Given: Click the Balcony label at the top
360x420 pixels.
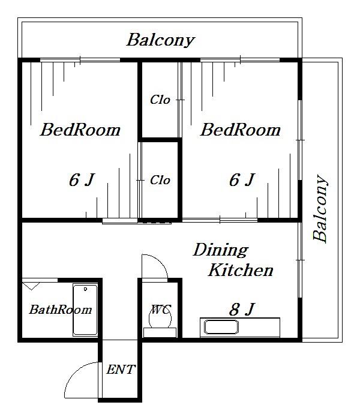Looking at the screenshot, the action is (160, 40).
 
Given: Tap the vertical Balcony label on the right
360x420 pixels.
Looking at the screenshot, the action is (320, 209).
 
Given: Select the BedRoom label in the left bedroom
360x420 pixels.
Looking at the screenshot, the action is (80, 130).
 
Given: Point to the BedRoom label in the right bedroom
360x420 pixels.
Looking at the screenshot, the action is (240, 130).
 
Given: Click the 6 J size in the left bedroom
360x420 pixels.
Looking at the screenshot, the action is (82, 180).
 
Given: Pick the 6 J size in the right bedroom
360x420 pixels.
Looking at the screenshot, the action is (242, 180).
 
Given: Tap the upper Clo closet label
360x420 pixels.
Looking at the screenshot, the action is (160, 100).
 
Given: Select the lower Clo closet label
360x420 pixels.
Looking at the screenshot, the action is (160, 180).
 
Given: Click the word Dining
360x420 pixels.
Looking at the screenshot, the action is (221, 251).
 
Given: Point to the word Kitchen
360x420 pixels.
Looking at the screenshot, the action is (241, 270).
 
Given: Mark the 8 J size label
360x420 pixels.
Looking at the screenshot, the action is (242, 310).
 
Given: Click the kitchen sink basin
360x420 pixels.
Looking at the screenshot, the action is (221, 327).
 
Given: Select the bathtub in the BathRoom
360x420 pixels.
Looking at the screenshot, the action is (85, 310).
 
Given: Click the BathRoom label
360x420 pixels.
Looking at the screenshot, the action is (61, 310).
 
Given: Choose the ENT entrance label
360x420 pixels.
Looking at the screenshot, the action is (121, 370).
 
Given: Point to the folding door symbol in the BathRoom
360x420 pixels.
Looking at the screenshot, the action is (31, 286).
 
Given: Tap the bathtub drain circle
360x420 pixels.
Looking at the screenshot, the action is (85, 289).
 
